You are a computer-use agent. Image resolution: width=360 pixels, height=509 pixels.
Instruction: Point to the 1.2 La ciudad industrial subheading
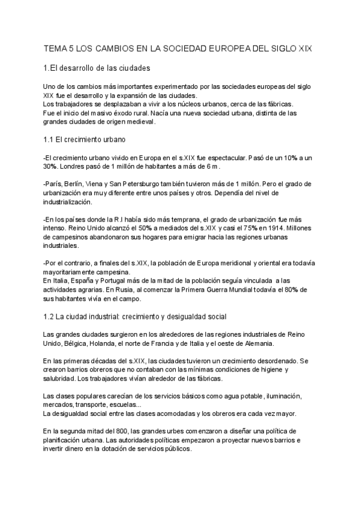point(135,316)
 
